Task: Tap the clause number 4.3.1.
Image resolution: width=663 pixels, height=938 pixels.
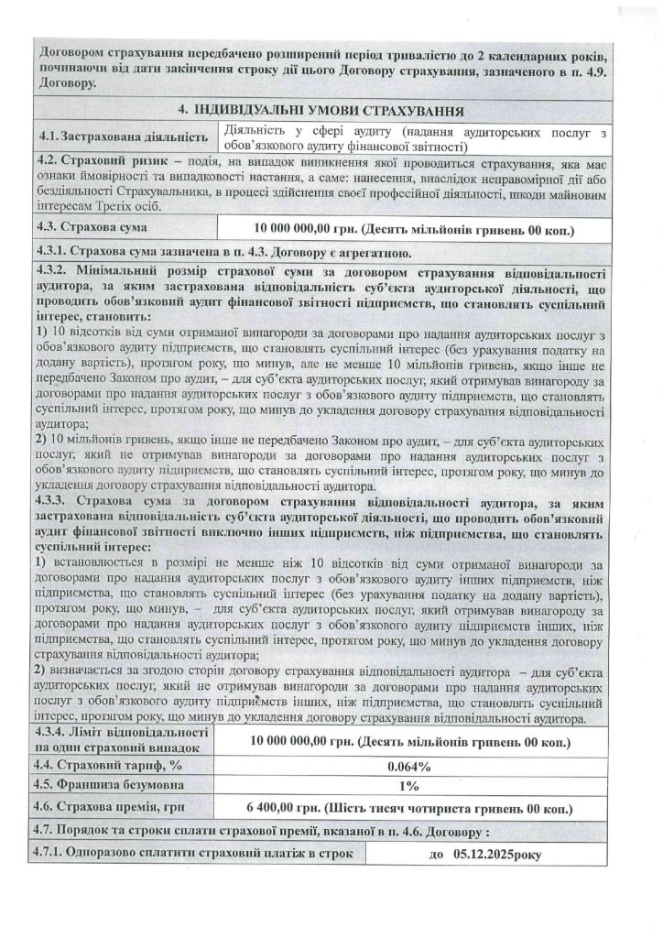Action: [x=53, y=251]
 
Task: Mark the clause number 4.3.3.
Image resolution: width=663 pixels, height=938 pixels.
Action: [x=53, y=501]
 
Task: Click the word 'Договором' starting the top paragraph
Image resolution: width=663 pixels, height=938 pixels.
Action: [x=69, y=50]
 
